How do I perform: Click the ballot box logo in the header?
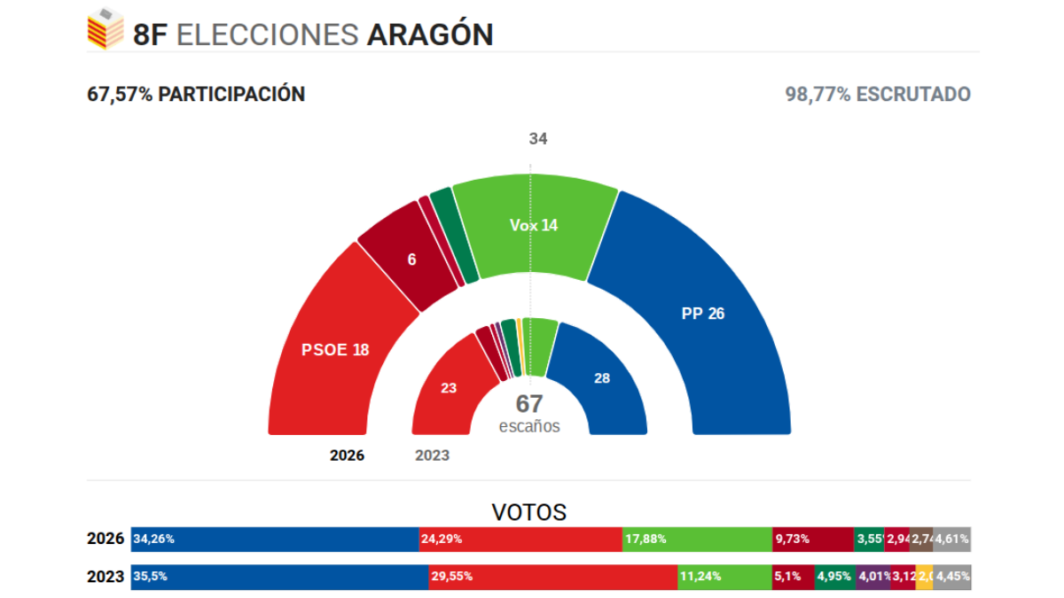pos(106,28)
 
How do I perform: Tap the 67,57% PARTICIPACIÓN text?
pos(196,94)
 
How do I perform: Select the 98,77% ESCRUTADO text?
pos(878,94)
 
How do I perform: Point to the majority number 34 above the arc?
pos(538,139)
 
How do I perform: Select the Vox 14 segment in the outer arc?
pos(534,226)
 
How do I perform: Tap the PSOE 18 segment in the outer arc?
pos(335,349)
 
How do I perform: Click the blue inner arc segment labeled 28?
pos(602,378)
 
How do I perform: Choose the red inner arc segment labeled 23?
pos(450,387)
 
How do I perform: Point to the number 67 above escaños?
pos(529,404)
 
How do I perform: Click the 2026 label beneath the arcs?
pos(347,455)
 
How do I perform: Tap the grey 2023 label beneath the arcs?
pos(432,455)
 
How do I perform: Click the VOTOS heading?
pos(529,512)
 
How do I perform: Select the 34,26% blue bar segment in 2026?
pos(275,539)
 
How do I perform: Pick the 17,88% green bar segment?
pos(697,539)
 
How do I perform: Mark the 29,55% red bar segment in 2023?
pos(553,577)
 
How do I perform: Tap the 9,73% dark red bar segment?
pos(812,539)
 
